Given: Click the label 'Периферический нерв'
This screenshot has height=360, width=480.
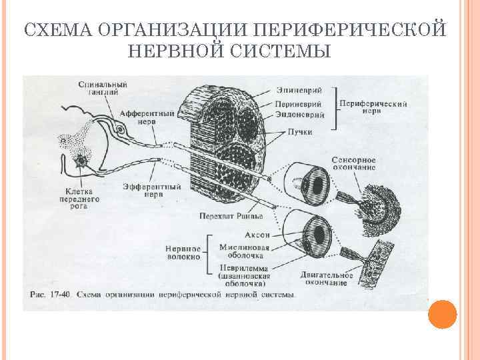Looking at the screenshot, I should pyautogui.click(x=365, y=108).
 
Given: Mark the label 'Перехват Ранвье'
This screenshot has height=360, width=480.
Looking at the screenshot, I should pyautogui.click(x=231, y=216).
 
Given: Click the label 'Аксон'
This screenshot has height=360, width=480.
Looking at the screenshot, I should pyautogui.click(x=257, y=235).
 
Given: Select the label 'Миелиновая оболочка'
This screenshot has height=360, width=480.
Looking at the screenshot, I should pyautogui.click(x=245, y=251).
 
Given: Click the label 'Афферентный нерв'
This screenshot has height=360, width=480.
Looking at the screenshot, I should pyautogui.click(x=148, y=117).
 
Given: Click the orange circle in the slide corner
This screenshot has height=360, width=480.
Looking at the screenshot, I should pyautogui.click(x=441, y=315).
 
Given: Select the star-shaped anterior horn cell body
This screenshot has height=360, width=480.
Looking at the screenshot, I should pyautogui.click(x=81, y=161).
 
